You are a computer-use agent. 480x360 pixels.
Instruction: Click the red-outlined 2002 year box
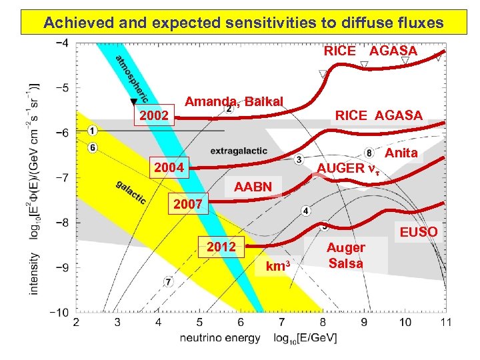[154, 117]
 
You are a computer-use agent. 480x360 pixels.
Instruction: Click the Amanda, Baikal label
[234, 101]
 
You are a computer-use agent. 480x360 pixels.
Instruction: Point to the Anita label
[401, 153]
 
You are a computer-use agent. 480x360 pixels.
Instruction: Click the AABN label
[253, 187]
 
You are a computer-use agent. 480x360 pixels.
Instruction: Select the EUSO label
[419, 232]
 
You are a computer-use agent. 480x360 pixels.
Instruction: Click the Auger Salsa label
[345, 255]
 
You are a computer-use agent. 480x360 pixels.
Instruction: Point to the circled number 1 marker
[92, 130]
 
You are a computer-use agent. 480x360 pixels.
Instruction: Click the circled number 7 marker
[169, 282]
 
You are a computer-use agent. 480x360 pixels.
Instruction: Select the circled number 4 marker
[305, 211]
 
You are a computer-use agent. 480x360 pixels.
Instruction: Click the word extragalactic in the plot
[239, 151]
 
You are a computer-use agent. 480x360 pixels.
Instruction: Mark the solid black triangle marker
[133, 101]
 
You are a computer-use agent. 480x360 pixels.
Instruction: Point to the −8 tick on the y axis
[61, 223]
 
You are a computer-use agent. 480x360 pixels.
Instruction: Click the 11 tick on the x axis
[445, 323]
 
